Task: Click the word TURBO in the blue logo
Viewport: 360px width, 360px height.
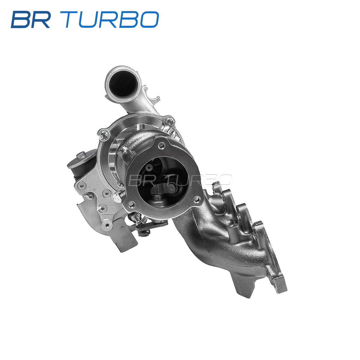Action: coord(112,19)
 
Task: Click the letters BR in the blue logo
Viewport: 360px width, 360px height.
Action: coord(31,19)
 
